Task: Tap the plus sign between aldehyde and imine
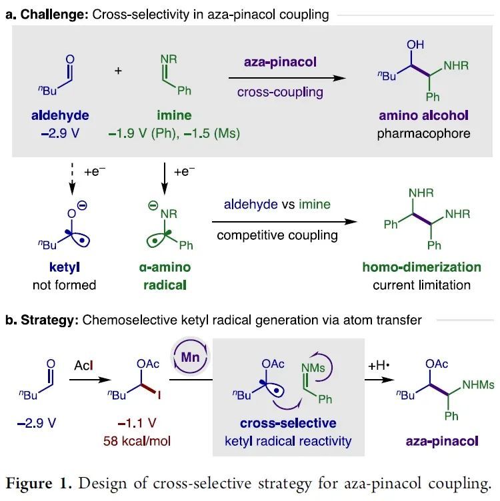[119, 69]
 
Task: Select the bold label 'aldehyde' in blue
[59, 116]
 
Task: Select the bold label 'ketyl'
[63, 268]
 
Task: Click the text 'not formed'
[63, 285]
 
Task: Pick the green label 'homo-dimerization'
[421, 268]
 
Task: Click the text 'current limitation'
[421, 285]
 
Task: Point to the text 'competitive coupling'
[277, 235]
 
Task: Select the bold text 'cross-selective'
[289, 424]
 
